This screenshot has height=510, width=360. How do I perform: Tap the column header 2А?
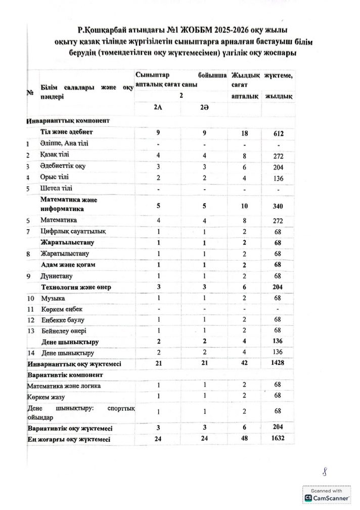tap(158, 109)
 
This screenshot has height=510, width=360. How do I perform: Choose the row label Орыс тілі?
tap(55, 177)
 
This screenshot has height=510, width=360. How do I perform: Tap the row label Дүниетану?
tap(56, 276)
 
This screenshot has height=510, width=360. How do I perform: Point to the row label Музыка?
tap(53, 299)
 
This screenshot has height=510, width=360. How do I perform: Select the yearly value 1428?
tap(276, 364)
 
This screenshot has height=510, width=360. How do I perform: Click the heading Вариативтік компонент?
tap(65, 375)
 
